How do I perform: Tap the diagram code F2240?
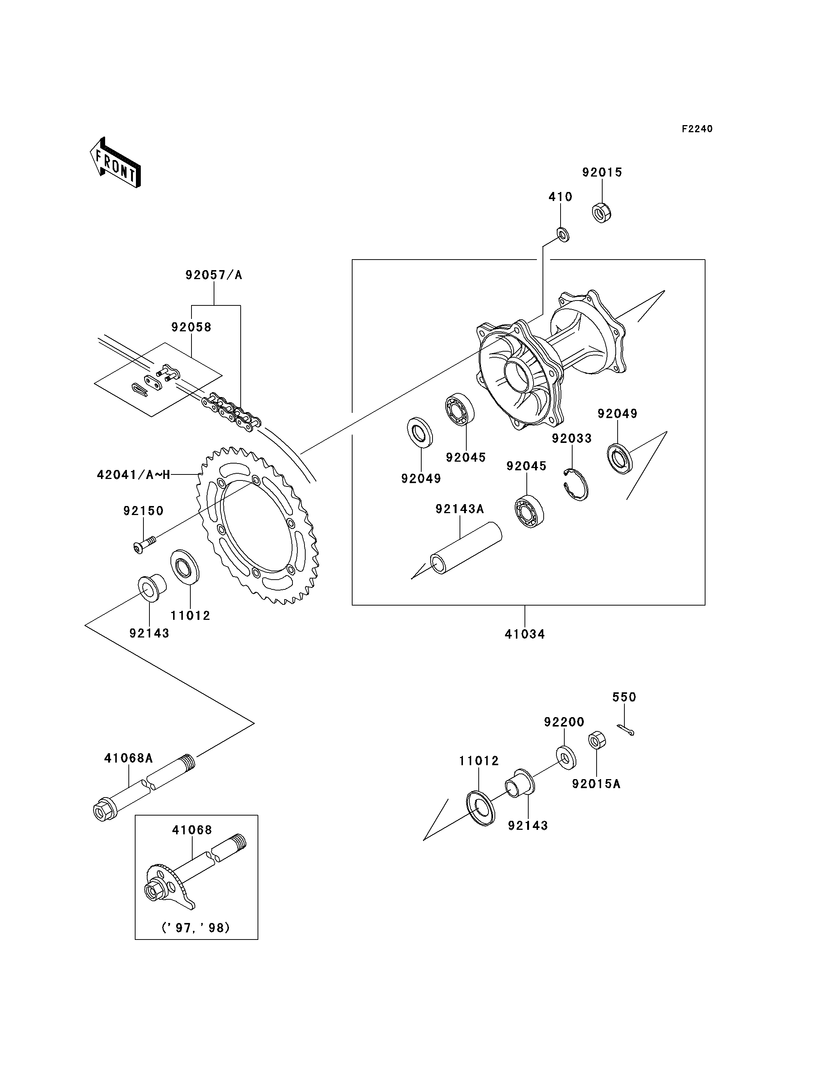click(x=697, y=129)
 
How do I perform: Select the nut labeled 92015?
click(x=601, y=212)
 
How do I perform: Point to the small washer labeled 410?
click(x=563, y=234)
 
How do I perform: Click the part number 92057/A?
click(x=214, y=275)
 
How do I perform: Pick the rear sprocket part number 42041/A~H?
click(x=133, y=474)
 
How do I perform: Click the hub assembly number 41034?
click(x=525, y=634)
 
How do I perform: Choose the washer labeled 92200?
click(x=566, y=758)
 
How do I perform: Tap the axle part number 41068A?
click(x=128, y=758)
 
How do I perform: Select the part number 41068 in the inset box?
click(x=192, y=830)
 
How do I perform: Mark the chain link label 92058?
click(x=191, y=327)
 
